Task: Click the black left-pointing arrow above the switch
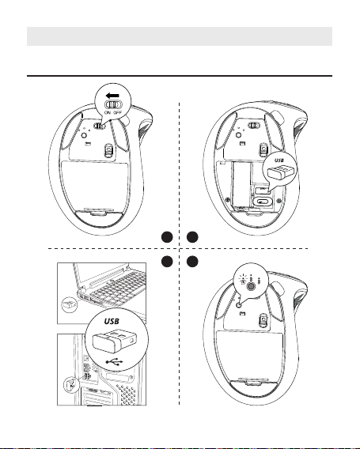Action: pyautogui.click(x=112, y=96)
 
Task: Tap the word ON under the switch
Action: pyautogui.click(x=108, y=112)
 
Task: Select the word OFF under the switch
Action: pyautogui.click(x=118, y=112)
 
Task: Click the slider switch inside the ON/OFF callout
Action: pyautogui.click(x=114, y=104)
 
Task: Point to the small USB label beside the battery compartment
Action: pyautogui.click(x=279, y=160)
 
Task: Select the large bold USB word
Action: pyautogui.click(x=112, y=321)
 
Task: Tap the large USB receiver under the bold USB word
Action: pyautogui.click(x=114, y=341)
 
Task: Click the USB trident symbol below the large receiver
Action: pyautogui.click(x=114, y=362)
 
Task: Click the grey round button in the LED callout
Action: pyautogui.click(x=251, y=286)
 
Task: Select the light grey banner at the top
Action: pyautogui.click(x=180, y=36)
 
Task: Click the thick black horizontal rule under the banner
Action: pyautogui.click(x=180, y=76)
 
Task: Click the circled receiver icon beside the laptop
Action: pyautogui.click(x=70, y=305)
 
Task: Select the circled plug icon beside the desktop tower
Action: pyautogui.click(x=70, y=384)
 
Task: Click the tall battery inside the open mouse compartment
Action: pyautogui.click(x=241, y=184)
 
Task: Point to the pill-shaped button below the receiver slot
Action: pyautogui.click(x=261, y=202)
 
